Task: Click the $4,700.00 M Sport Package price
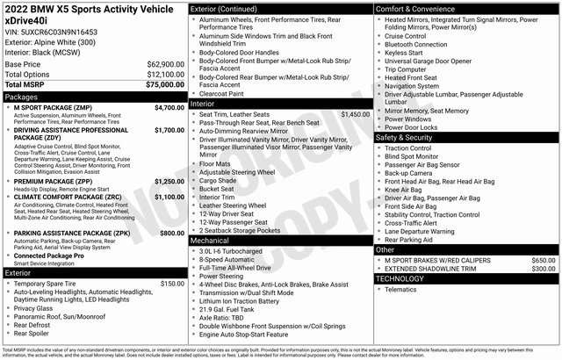click(x=169, y=107)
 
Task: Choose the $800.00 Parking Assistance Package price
click(x=170, y=233)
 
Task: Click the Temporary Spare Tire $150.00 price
click(x=172, y=284)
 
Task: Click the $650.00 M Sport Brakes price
click(x=543, y=260)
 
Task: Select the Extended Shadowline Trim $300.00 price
click(x=543, y=269)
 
